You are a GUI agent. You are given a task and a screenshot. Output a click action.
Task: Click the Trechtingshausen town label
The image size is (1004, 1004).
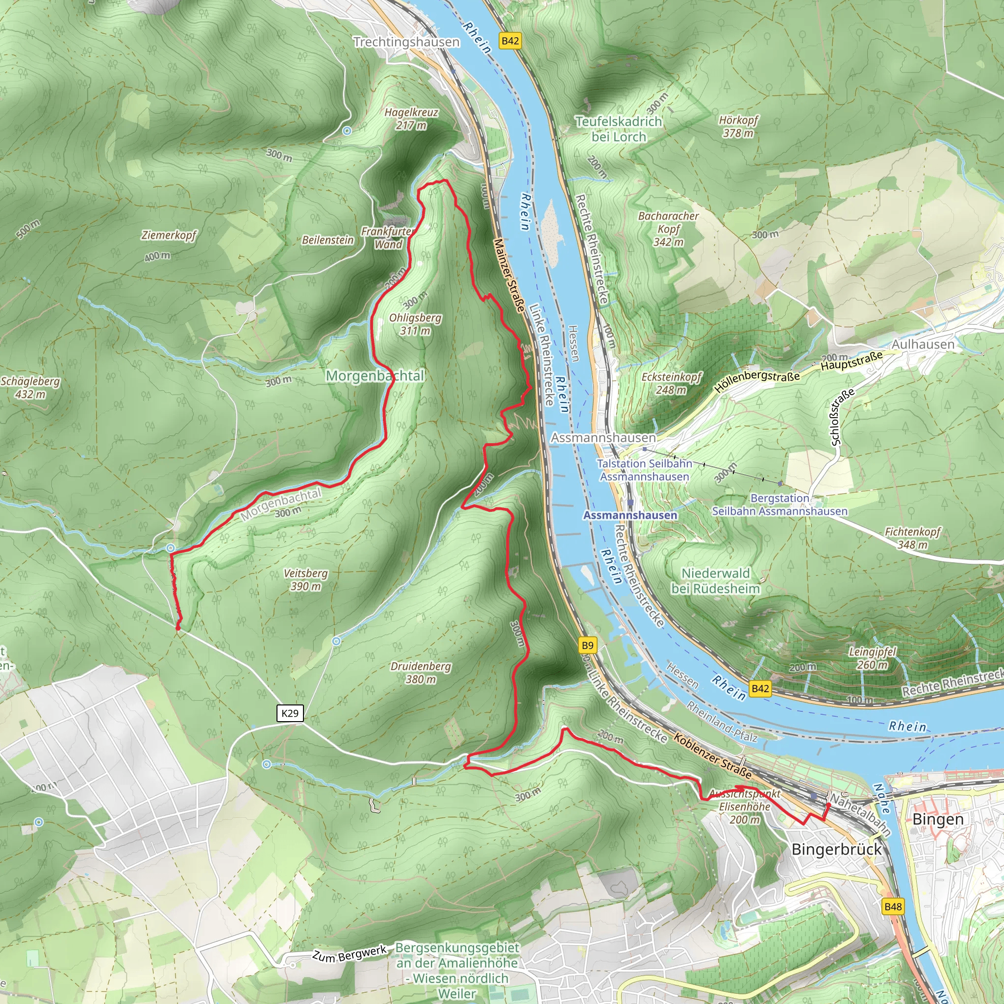tap(406, 42)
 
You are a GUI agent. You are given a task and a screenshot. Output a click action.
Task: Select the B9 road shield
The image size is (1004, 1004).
tap(587, 646)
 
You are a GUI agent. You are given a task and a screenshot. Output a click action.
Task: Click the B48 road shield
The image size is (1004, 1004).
tap(893, 907)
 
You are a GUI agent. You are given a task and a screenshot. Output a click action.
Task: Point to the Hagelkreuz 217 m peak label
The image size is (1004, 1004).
tap(411, 119)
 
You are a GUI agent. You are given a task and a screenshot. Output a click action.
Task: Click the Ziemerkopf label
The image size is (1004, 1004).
tap(169, 235)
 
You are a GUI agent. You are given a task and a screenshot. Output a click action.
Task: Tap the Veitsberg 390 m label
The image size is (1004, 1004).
tap(305, 579)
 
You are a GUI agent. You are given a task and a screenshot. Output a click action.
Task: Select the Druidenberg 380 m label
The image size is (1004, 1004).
tap(421, 673)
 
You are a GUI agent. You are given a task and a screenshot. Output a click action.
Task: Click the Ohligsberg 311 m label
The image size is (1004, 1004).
tap(415, 324)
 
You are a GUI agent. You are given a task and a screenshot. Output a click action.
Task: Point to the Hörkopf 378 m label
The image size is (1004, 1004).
tap(738, 126)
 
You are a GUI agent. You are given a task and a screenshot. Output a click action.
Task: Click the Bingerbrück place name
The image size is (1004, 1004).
tap(836, 849)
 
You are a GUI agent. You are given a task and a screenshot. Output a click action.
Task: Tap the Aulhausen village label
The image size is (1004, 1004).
tap(923, 344)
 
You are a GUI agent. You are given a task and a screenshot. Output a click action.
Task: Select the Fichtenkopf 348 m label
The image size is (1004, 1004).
tap(912, 538)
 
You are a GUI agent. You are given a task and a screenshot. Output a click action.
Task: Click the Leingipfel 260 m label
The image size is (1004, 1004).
tap(873, 658)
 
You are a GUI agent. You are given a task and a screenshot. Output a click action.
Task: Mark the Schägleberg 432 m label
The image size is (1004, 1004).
tap(30, 387)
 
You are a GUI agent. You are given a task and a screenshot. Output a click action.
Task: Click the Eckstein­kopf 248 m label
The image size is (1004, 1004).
tap(672, 383)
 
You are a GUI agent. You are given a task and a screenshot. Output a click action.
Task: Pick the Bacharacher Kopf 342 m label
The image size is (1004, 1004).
tap(668, 228)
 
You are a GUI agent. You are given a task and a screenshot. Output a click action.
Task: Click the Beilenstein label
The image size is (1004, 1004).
tap(327, 240)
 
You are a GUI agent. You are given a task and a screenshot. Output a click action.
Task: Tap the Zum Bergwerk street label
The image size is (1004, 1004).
tap(349, 954)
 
